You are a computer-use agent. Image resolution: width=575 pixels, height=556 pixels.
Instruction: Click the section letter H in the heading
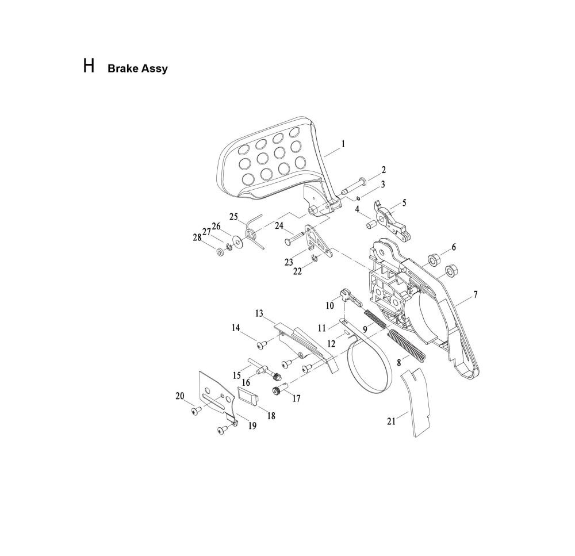point(89,66)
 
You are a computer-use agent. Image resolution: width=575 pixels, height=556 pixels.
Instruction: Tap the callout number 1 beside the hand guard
point(343,144)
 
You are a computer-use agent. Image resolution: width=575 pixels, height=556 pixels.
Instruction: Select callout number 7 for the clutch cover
point(476,294)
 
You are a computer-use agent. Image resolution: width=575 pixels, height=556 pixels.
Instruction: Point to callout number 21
point(392,421)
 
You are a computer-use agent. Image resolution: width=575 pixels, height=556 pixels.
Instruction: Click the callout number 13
point(259,313)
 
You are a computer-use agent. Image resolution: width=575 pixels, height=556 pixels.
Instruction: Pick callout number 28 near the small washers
point(197,237)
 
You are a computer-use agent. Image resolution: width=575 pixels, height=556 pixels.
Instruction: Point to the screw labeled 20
point(197,411)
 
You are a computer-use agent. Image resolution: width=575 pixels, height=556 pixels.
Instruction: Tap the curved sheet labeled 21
point(415,402)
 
